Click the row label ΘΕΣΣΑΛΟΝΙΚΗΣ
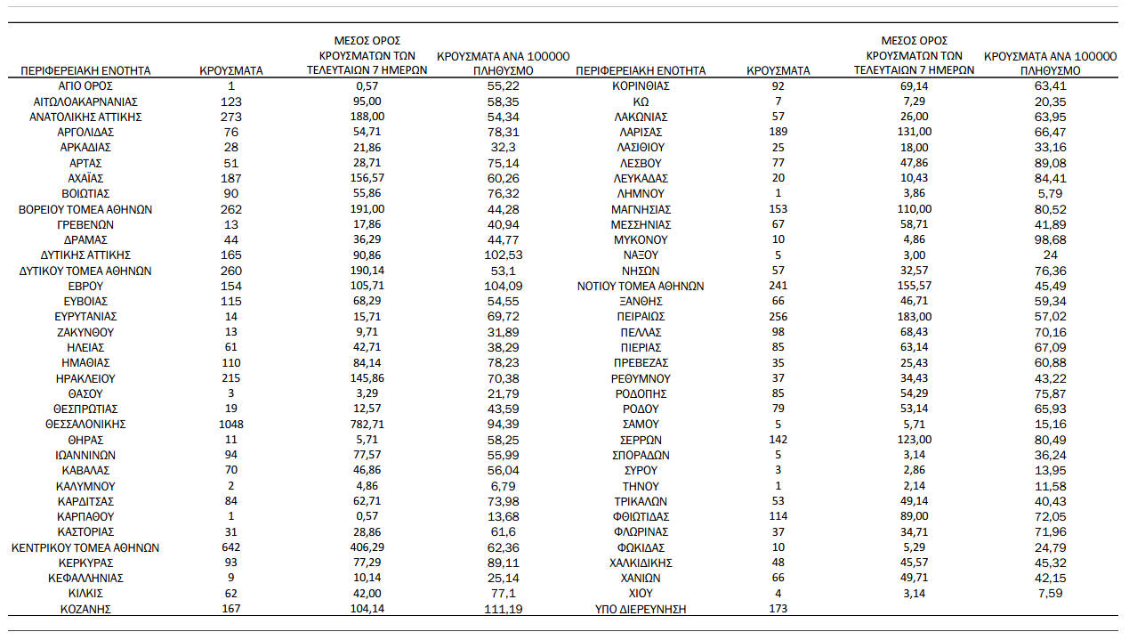[85, 425]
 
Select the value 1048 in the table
[231, 425]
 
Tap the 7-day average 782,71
[367, 425]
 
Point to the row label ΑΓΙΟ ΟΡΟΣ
[85, 86]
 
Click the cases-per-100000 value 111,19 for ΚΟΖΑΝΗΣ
[504, 610]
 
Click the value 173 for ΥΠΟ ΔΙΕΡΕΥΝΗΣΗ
[778, 610]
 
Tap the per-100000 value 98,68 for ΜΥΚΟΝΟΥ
[1050, 240]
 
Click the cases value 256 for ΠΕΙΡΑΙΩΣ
[778, 317]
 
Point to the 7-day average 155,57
[914, 287]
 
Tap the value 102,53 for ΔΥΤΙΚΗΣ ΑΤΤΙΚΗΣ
[504, 255]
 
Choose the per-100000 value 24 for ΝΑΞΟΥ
[1050, 255]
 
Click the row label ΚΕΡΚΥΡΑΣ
[85, 563]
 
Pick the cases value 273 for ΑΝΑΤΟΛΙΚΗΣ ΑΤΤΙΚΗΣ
[231, 117]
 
